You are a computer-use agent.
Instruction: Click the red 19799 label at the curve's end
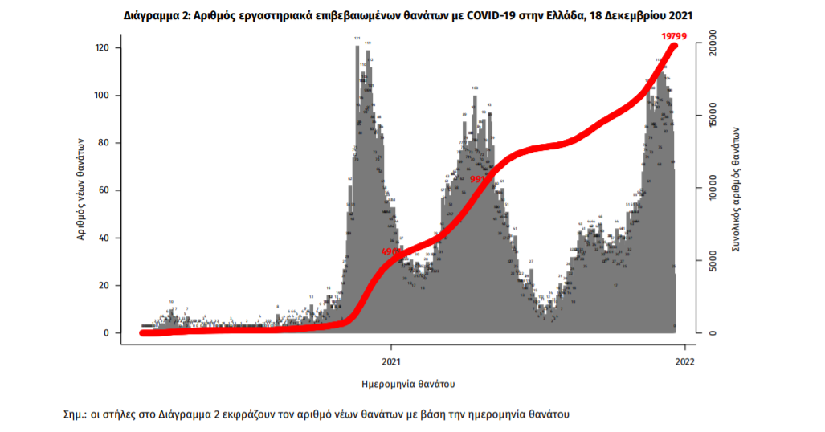point(673,36)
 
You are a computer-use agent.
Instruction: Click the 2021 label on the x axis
point(391,361)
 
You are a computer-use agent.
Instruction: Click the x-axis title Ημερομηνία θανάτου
point(408,383)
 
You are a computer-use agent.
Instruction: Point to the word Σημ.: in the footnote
point(76,414)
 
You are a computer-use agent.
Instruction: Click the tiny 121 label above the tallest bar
point(357,38)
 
